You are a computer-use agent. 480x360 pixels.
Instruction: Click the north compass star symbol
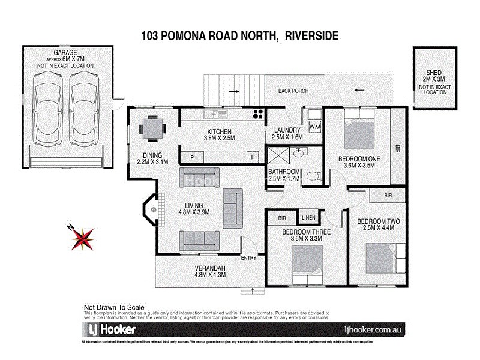coord(82,238)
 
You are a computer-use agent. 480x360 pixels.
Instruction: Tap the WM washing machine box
coord(314,127)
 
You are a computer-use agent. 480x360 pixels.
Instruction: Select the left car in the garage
coord(47,113)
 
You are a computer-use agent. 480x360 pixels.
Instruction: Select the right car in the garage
coord(82,113)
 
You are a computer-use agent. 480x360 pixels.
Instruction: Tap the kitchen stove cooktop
coord(258,113)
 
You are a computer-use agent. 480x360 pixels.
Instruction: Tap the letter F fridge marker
coord(253,157)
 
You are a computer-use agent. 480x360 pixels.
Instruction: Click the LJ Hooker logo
coord(109,330)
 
